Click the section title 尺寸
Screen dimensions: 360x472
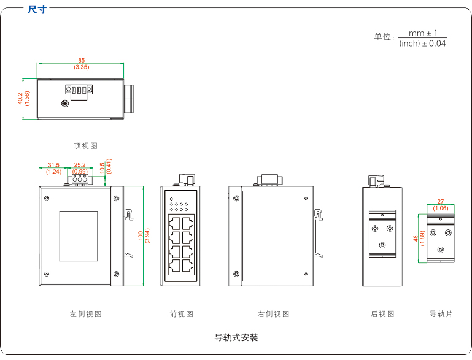pyautogui.click(x=37, y=9)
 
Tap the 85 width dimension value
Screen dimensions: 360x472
pyautogui.click(x=81, y=59)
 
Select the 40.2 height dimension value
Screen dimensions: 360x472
pyautogui.click(x=20, y=99)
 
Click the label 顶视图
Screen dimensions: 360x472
pyautogui.click(x=85, y=146)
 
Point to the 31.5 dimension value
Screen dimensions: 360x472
pyautogui.click(x=53, y=165)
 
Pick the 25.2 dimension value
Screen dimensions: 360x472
pyautogui.click(x=80, y=165)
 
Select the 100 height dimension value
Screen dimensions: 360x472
pyautogui.click(x=141, y=235)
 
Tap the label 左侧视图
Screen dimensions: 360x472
pyautogui.click(x=85, y=314)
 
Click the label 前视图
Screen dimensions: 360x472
pyautogui.click(x=181, y=314)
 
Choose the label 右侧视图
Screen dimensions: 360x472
pyautogui.click(x=273, y=314)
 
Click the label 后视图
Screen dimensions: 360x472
pyautogui.click(x=382, y=314)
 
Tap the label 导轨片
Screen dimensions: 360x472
pyautogui.click(x=441, y=314)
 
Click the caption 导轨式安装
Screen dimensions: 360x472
pyautogui.click(x=236, y=337)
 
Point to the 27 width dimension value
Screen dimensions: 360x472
pyautogui.click(x=441, y=202)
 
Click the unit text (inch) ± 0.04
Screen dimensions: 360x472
pyautogui.click(x=422, y=43)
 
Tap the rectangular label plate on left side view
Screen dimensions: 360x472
pyautogui.click(x=78, y=235)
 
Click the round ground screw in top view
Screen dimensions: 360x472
pyautogui.click(x=65, y=104)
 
